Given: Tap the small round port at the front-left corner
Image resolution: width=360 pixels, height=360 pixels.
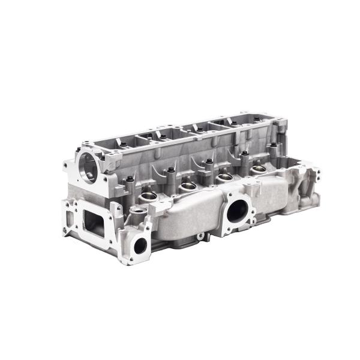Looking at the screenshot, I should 141,244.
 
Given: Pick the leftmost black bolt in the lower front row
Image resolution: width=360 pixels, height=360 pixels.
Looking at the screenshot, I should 130,179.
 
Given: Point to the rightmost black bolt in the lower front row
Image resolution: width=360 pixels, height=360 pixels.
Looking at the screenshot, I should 244,154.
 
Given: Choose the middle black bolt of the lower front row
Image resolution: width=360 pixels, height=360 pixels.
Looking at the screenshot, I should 209,162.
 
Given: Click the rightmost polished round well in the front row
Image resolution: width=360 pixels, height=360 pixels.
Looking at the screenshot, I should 258,170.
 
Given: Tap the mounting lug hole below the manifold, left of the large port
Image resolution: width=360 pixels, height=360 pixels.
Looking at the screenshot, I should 200,236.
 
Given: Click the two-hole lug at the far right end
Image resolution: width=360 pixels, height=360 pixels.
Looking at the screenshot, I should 312,174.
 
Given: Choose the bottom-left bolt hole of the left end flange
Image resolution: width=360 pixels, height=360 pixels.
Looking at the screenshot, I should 68,235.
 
